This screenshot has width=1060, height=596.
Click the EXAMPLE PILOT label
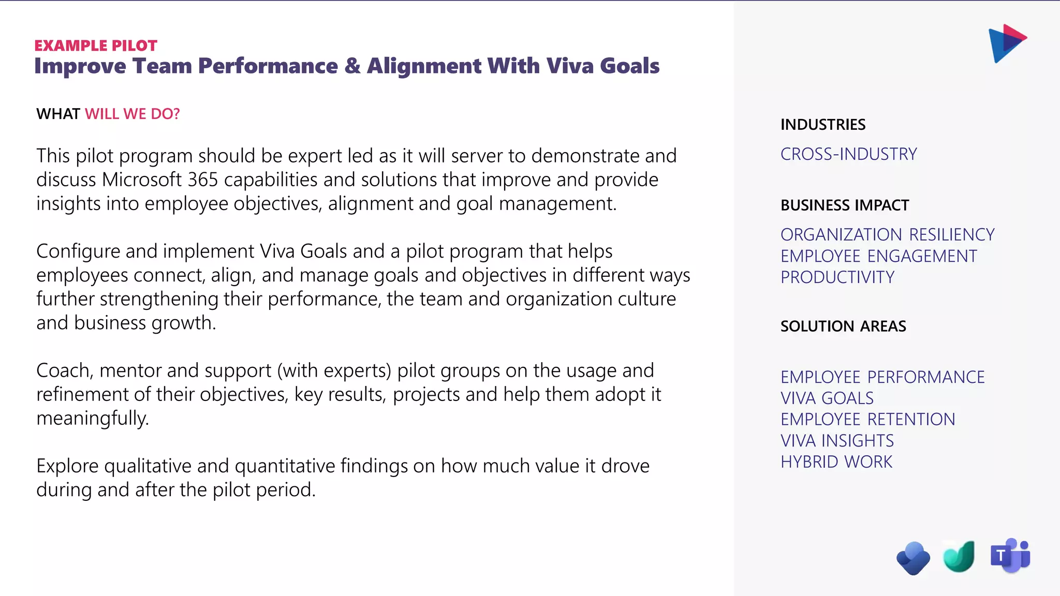96,46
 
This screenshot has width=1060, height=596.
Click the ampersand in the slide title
352,66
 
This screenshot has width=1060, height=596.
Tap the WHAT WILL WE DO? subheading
108,114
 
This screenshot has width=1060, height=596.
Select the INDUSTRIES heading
823,125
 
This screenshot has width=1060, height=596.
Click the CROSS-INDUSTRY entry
848,154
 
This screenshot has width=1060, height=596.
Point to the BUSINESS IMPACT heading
845,205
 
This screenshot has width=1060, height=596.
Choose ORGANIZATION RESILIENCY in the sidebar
887,235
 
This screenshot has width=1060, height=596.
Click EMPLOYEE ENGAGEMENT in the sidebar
878,256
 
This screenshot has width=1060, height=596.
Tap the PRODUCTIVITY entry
837,277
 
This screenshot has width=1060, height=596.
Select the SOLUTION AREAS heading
843,326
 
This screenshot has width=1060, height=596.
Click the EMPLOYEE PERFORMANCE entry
882,377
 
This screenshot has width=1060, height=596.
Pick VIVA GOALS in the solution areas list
827,398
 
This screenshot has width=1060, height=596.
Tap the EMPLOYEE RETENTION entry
867,420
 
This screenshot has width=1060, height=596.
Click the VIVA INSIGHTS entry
837,441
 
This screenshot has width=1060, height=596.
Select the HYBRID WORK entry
836,462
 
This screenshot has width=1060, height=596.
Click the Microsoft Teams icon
1010,556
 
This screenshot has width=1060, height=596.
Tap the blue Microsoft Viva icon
913,558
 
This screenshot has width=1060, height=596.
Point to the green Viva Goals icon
959,557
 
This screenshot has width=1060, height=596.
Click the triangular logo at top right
1007,43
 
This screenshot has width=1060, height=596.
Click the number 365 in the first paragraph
202,180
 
